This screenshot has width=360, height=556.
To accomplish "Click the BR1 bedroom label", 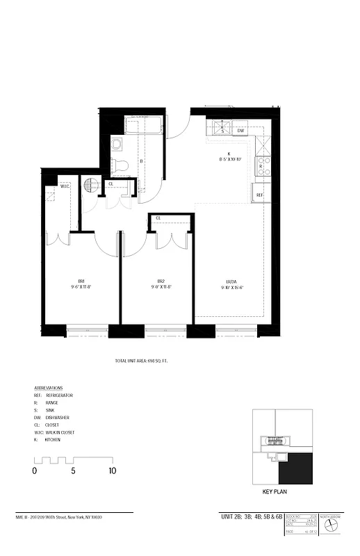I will pyautogui.click(x=81, y=281).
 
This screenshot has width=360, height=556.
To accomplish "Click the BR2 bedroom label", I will pyautogui.click(x=161, y=281).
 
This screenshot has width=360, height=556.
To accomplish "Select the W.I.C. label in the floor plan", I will pyautogui.click(x=65, y=186).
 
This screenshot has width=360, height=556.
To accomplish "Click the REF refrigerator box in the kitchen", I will pyautogui.click(x=259, y=195).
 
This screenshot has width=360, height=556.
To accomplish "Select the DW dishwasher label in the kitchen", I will pyautogui.click(x=240, y=130).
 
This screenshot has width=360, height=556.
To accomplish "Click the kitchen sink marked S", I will pyautogui.click(x=222, y=130).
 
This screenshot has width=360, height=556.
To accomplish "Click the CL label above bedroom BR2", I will pyautogui.click(x=159, y=218).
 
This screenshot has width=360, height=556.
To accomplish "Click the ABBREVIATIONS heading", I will pyautogui.click(x=49, y=388).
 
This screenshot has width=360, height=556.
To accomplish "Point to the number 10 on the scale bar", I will pyautogui.click(x=113, y=471).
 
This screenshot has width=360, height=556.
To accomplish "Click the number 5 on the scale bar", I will pyautogui.click(x=73, y=471).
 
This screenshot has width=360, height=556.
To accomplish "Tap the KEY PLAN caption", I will pyautogui.click(x=275, y=491).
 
